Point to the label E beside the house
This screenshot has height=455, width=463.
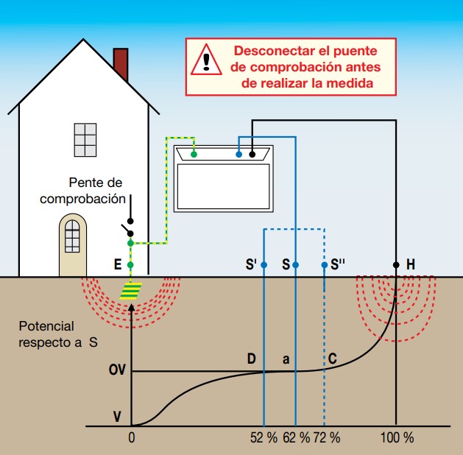117,264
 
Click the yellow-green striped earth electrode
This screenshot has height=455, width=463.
131,292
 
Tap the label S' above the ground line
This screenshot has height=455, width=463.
250,264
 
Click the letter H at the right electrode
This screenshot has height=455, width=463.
410,264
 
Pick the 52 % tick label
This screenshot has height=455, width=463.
264,437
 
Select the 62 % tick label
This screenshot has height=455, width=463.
296,437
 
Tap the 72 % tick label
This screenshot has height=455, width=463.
326,437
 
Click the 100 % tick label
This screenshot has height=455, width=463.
397,437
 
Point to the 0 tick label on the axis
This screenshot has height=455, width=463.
132,437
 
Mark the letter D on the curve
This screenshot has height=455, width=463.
251,359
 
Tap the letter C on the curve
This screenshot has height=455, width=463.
333,359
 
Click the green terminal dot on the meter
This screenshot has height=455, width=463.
194,154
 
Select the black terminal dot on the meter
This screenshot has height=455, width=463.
252,155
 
